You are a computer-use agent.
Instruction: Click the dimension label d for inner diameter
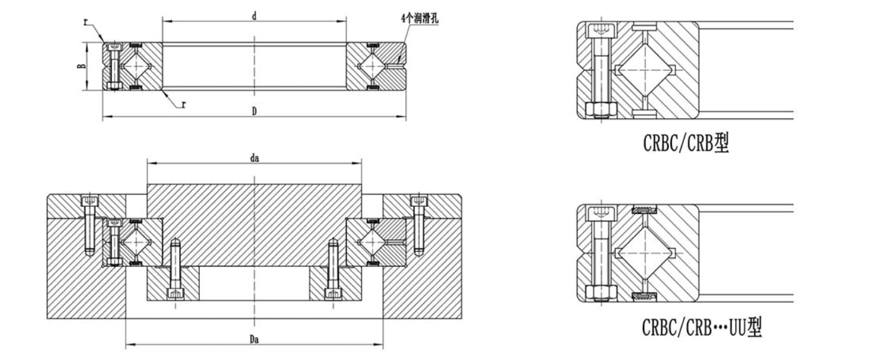point(254,15)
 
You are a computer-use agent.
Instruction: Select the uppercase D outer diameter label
point(254,111)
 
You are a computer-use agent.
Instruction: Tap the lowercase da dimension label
point(254,158)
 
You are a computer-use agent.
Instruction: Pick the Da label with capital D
point(254,340)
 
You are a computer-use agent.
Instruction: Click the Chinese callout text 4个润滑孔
point(419,18)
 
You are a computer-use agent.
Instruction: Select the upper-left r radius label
point(85,21)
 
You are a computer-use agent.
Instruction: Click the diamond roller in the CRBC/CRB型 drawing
point(642,70)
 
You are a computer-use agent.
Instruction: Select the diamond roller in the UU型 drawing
point(642,253)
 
